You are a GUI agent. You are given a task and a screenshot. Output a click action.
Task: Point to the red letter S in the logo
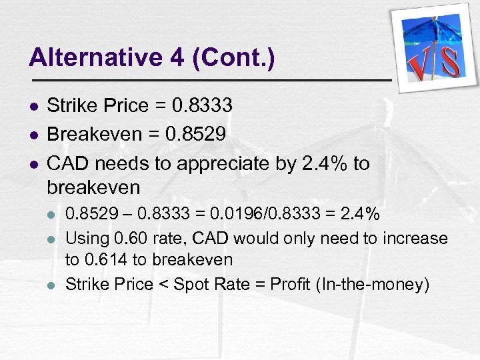(x=450, y=61)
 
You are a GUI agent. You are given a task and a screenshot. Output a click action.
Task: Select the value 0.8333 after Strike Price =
(x=202, y=105)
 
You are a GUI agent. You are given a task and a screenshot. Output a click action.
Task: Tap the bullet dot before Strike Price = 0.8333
(x=33, y=106)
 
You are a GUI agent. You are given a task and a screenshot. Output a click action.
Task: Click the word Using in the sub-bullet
(x=85, y=238)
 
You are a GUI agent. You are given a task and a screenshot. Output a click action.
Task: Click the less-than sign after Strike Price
(x=163, y=284)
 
